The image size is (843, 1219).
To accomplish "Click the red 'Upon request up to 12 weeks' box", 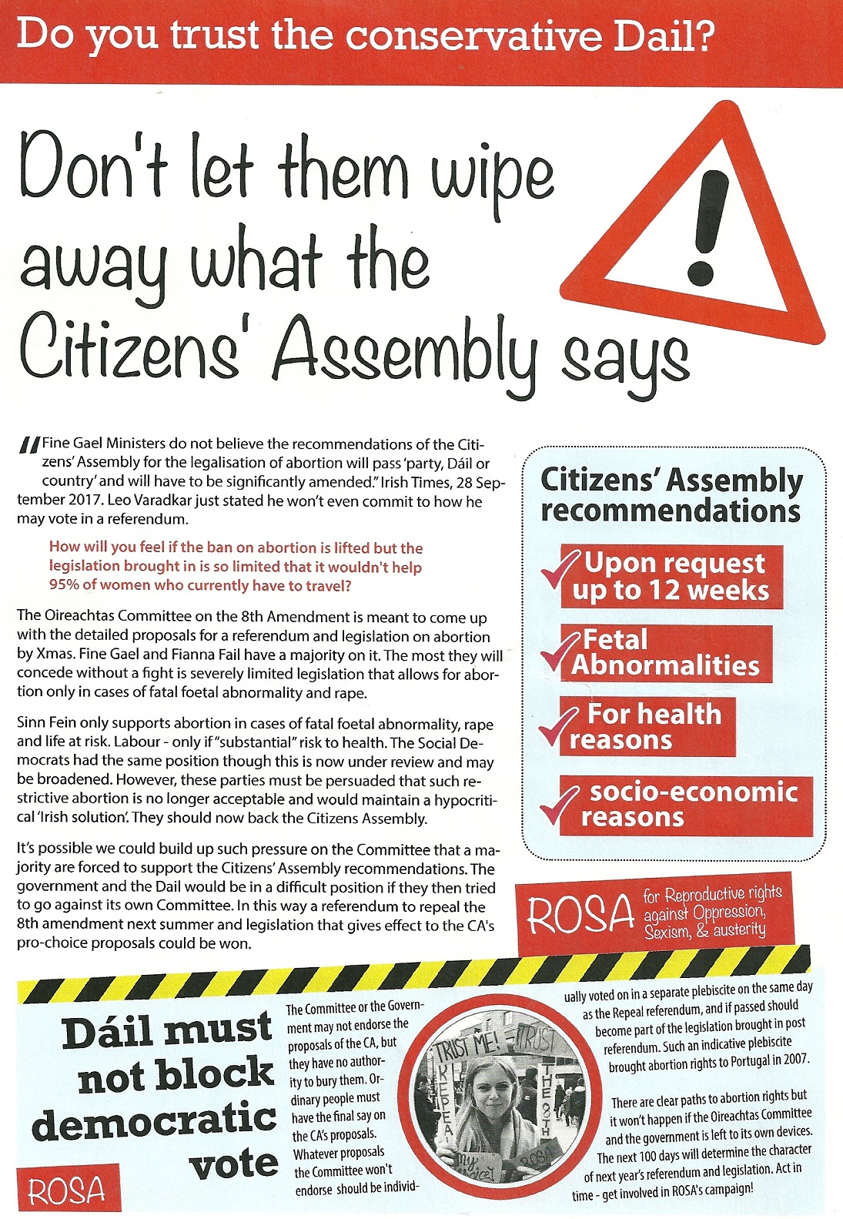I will point(671,578).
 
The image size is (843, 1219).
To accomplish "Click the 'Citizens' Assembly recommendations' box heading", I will point(671,495).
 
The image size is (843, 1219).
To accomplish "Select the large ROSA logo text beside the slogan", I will point(580,914).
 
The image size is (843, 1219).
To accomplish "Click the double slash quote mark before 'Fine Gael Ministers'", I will point(29,446).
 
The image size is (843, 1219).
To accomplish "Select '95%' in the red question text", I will point(65,585).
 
